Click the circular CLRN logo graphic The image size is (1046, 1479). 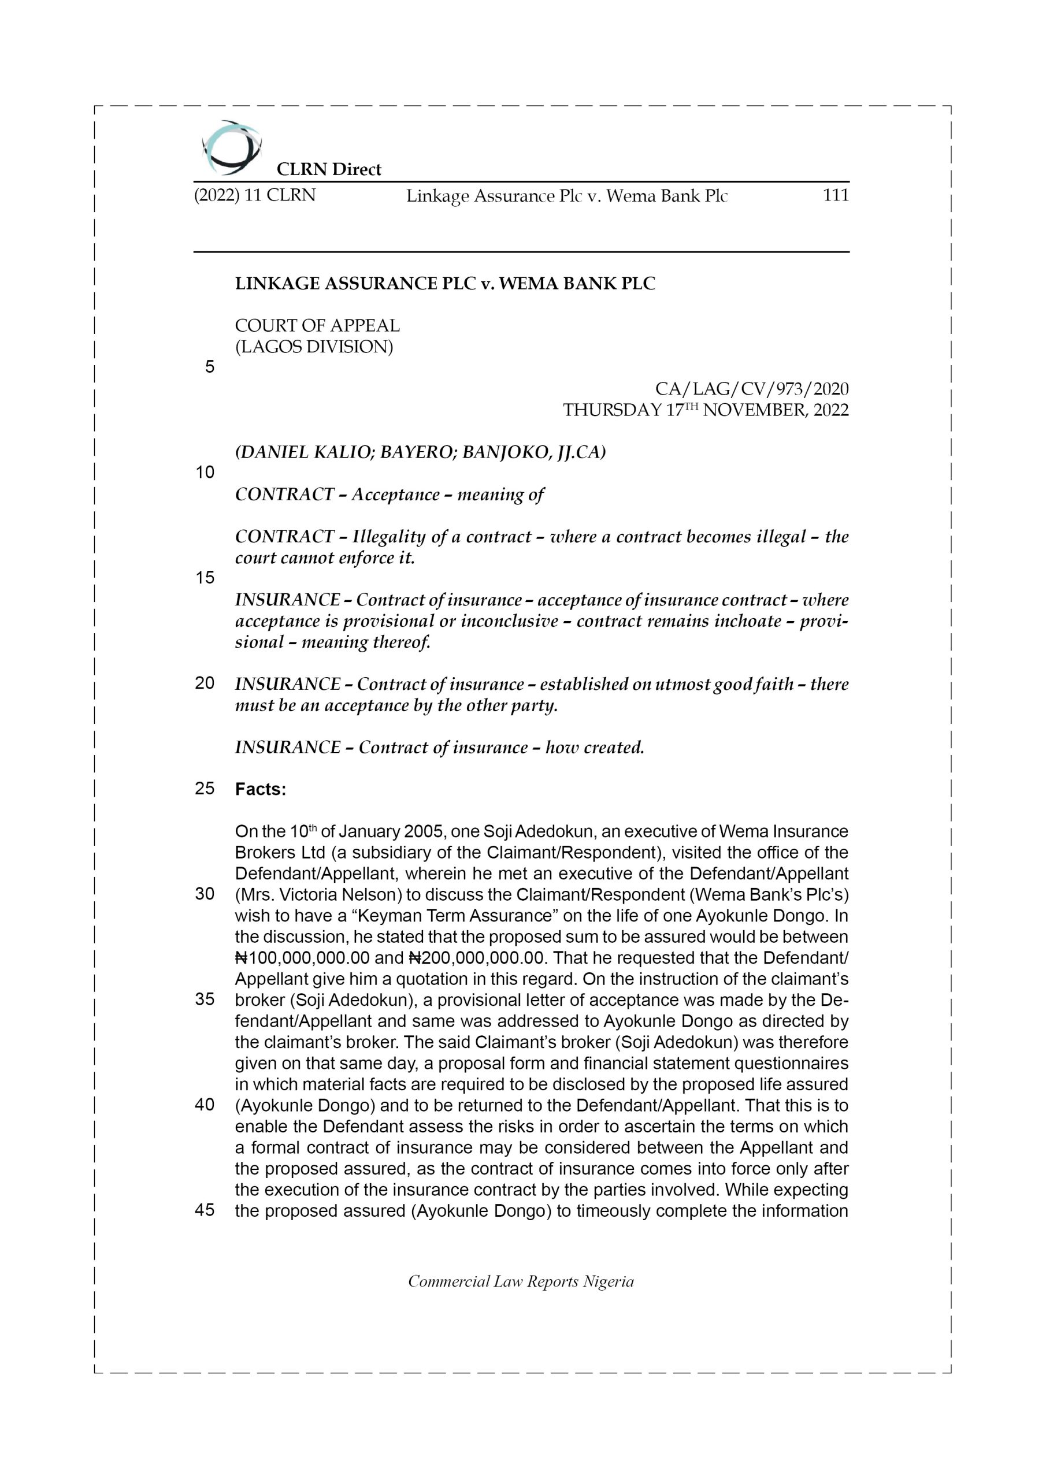pyautogui.click(x=231, y=147)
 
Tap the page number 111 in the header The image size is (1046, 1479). pyautogui.click(x=835, y=195)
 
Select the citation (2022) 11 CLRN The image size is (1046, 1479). pyautogui.click(x=255, y=195)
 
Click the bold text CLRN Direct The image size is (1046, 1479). pyautogui.click(x=329, y=169)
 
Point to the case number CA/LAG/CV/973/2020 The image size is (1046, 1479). pyautogui.click(x=751, y=389)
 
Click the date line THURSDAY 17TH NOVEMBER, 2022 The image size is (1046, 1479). pyautogui.click(x=706, y=410)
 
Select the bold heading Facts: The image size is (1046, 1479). pyautogui.click(x=261, y=789)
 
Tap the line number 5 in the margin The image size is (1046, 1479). pyautogui.click(x=209, y=367)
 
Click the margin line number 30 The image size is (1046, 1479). pyautogui.click(x=205, y=894)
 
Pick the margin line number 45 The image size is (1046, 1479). pyautogui.click(x=205, y=1210)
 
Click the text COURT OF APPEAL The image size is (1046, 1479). pyautogui.click(x=317, y=325)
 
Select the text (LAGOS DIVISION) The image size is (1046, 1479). pyautogui.click(x=314, y=347)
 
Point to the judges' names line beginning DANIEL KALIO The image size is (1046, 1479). pyautogui.click(x=420, y=452)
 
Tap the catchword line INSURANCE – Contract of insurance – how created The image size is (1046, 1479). pyautogui.click(x=440, y=747)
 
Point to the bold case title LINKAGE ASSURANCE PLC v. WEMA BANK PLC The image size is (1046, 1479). pyautogui.click(x=445, y=284)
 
